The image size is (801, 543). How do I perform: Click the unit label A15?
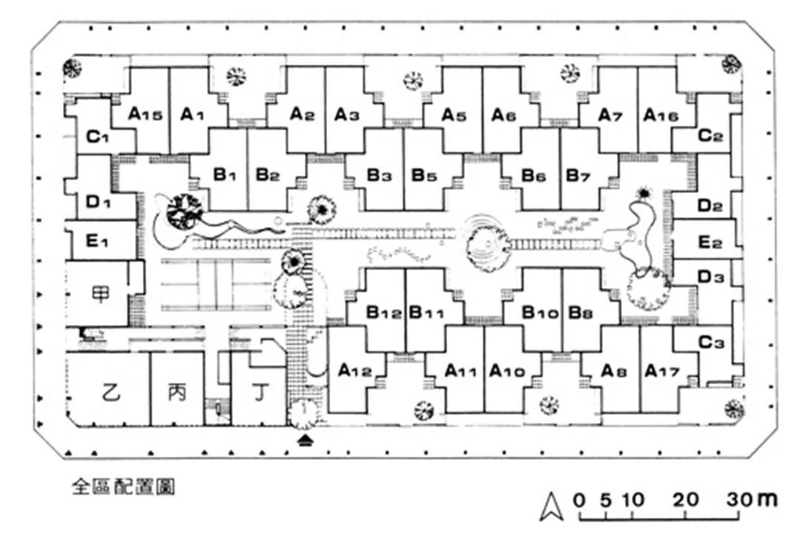click(145, 114)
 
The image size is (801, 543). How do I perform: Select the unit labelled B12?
click(384, 312)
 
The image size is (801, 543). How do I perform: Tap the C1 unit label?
click(98, 136)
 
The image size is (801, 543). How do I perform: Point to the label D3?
click(710, 277)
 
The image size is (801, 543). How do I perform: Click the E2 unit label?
click(710, 242)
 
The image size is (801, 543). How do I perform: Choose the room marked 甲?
click(100, 293)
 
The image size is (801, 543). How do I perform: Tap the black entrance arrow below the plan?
click(305, 441)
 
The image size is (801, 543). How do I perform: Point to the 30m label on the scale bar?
click(751, 499)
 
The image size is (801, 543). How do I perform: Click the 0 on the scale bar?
click(579, 499)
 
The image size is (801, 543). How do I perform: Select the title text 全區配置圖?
click(123, 487)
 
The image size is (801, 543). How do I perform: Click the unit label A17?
click(662, 370)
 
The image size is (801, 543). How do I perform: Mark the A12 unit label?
click(355, 369)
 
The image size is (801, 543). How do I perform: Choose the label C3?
click(711, 343)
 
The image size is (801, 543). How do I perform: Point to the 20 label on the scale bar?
click(686, 499)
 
